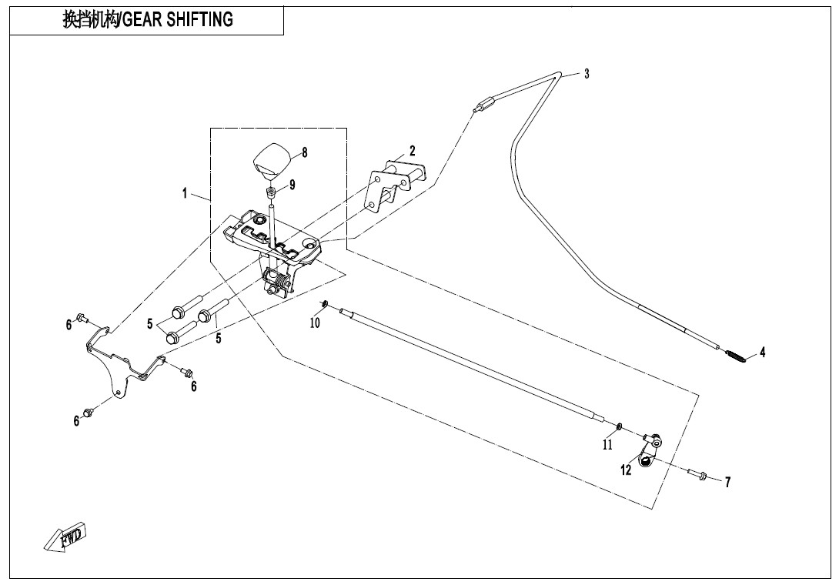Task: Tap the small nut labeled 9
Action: click(x=272, y=191)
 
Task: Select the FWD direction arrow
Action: click(x=66, y=536)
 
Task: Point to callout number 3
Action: click(x=587, y=74)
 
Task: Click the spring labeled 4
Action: click(x=737, y=357)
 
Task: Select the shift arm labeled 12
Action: click(x=649, y=452)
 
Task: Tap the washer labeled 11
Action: click(x=619, y=425)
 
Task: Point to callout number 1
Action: click(x=185, y=193)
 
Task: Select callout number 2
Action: click(x=413, y=150)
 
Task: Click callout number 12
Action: click(x=627, y=470)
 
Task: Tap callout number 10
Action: click(x=315, y=323)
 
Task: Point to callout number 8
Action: click(x=305, y=152)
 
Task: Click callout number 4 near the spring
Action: click(x=762, y=353)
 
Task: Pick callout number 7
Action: click(x=727, y=483)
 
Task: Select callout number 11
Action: click(x=608, y=444)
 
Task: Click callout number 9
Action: click(x=292, y=185)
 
